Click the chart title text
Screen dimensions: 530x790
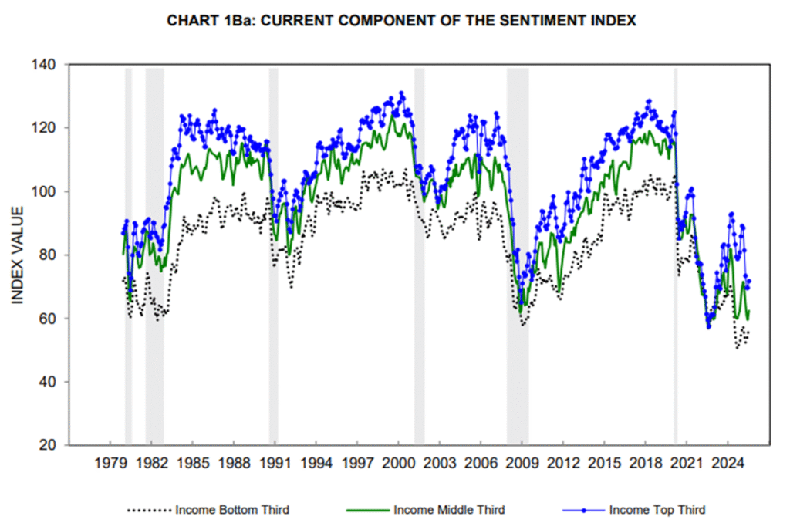401,21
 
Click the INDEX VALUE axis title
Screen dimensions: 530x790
19,255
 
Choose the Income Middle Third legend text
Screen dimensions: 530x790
449,510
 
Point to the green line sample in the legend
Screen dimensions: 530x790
364,510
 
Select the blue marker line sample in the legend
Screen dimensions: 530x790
582,510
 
